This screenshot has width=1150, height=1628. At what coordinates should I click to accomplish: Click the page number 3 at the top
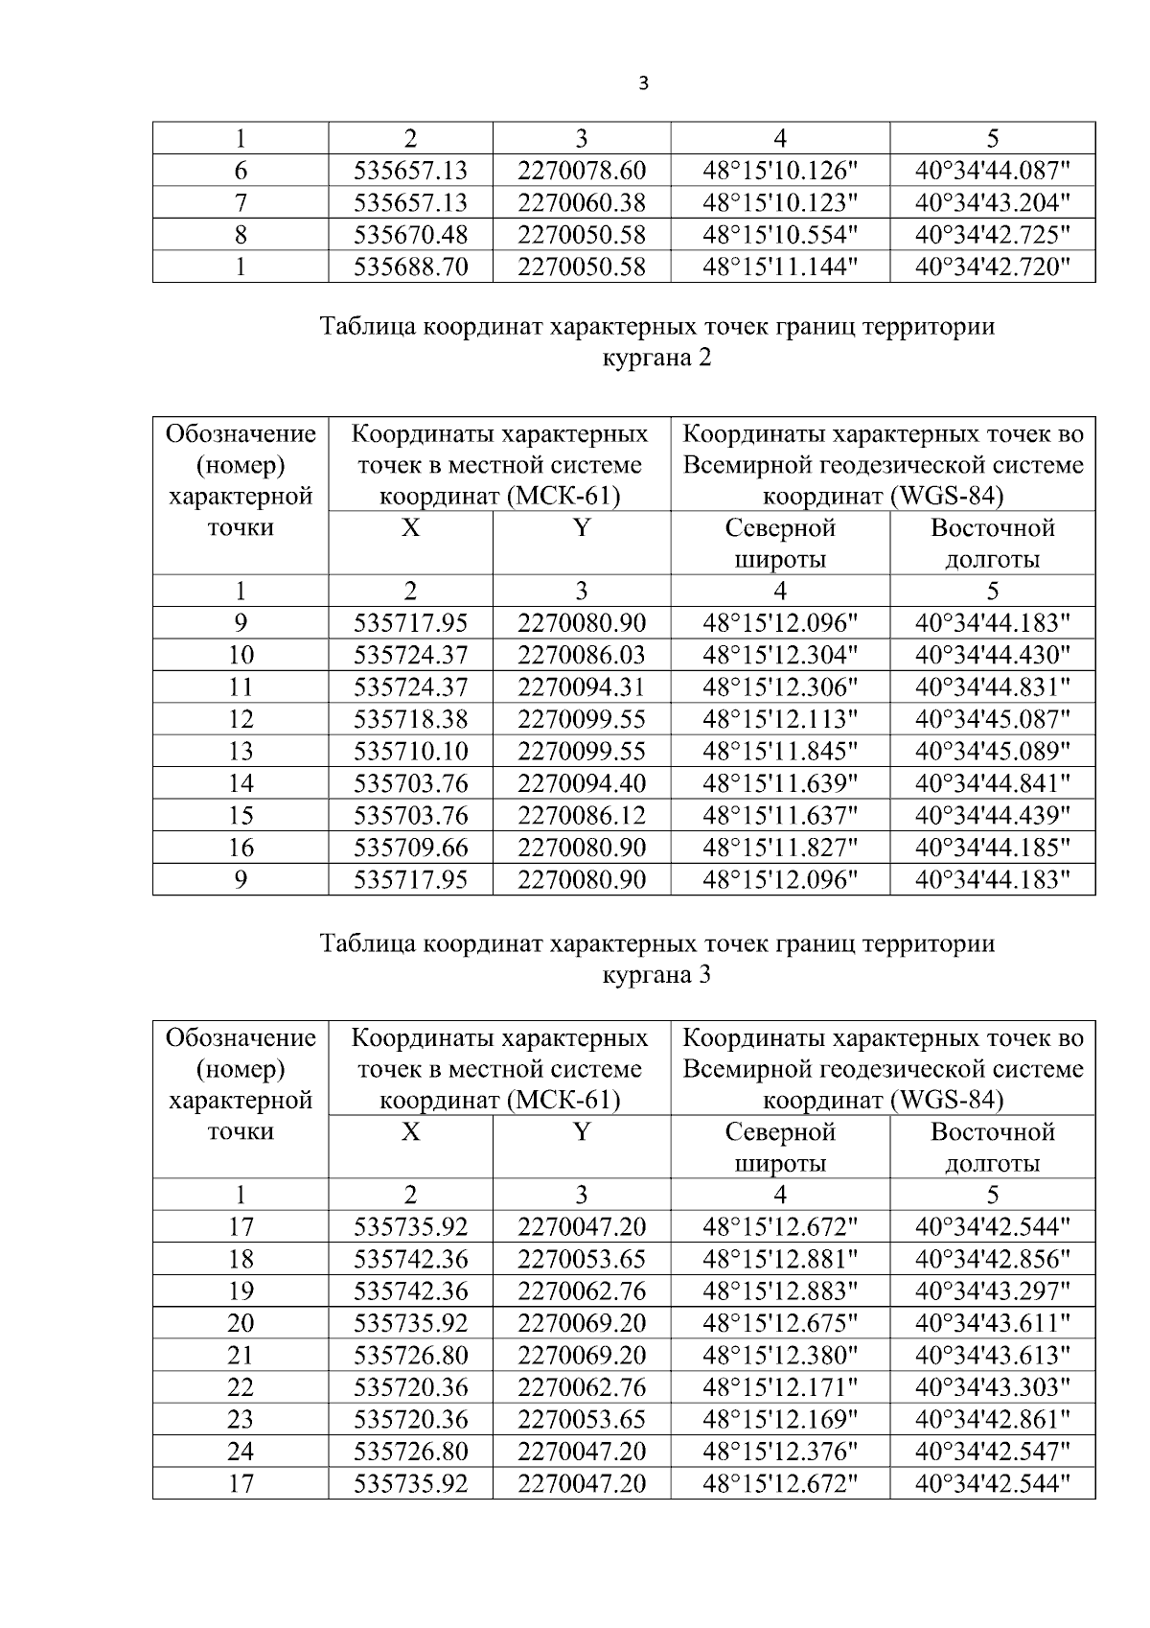coord(643,84)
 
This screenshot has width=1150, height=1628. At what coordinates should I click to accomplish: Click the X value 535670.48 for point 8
coord(410,235)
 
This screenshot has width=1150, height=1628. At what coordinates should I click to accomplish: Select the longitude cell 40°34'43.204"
coord(992,202)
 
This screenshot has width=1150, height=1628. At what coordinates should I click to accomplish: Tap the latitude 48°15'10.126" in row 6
coord(780,171)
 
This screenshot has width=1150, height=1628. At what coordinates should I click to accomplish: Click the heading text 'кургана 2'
coord(656,359)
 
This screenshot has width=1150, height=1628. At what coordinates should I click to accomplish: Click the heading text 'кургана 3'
coord(656,975)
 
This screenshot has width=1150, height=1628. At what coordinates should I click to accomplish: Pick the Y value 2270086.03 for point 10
coord(582,656)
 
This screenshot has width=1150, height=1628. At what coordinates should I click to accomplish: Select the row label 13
coord(241,752)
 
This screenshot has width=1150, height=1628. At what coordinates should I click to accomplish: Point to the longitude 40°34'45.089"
coord(992,752)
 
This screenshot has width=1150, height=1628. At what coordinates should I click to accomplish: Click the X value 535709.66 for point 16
coord(410,848)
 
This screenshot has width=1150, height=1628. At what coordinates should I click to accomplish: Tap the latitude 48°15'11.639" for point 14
coord(780,784)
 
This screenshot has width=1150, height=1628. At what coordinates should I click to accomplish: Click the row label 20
coord(241,1323)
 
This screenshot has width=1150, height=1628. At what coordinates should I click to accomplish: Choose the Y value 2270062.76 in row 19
coord(582,1291)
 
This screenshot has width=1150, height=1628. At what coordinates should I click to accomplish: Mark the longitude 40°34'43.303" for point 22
coord(992,1387)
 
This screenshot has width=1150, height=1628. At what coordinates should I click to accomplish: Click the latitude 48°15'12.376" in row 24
coord(780,1452)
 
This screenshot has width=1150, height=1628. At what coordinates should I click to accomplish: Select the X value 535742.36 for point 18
coord(410,1260)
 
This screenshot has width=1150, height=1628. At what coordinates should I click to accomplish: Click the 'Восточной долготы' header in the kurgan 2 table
coord(992,544)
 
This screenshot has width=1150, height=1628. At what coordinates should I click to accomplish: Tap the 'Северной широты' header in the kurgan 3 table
coord(780,1148)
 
